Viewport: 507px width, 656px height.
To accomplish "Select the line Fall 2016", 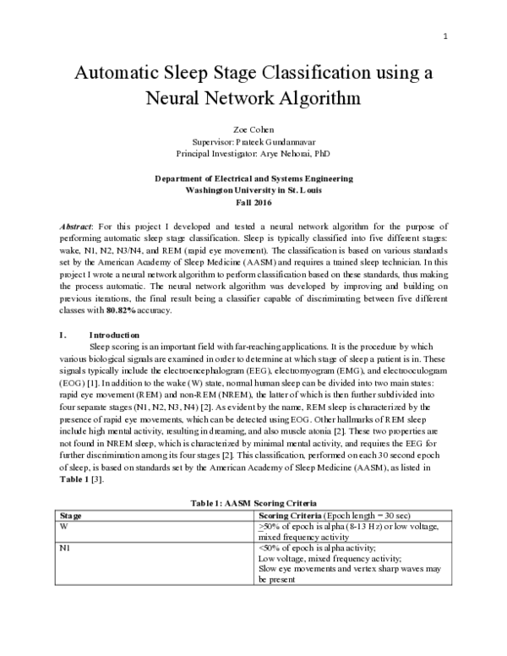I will coord(253,203).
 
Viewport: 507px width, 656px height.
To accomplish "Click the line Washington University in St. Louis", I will coord(253,191).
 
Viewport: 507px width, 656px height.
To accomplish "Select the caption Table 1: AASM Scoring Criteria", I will coord(253,503).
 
